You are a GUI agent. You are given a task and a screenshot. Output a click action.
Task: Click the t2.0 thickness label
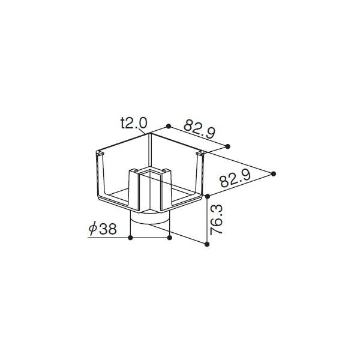133,124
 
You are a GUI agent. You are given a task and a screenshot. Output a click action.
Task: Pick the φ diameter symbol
93,229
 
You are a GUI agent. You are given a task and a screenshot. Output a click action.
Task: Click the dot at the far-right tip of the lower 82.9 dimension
274,173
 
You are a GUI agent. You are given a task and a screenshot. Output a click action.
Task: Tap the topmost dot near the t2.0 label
169,125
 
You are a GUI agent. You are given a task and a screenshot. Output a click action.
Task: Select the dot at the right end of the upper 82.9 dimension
228,146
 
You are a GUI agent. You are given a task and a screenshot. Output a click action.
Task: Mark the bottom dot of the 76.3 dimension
208,244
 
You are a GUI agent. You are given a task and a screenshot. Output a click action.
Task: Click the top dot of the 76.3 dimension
208,197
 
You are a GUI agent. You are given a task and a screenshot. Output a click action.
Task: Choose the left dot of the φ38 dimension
131,238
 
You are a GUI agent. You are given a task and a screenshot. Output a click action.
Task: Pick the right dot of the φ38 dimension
170,238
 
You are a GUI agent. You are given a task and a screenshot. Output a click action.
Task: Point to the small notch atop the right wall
202,155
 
